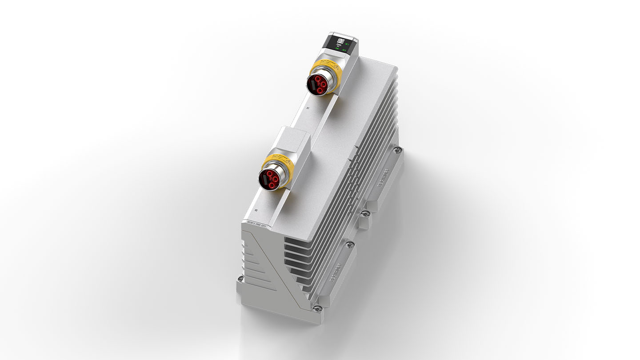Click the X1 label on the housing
pyautogui.click(x=308, y=108)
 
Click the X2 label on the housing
pyautogui.click(x=256, y=209)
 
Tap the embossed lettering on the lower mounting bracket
pyautogui.click(x=335, y=274)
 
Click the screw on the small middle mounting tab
pyautogui.click(x=364, y=214)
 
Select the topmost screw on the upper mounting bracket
pyautogui.click(x=397, y=150)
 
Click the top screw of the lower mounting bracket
pyautogui.click(x=350, y=244)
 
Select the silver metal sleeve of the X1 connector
pyautogui.click(x=323, y=75)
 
